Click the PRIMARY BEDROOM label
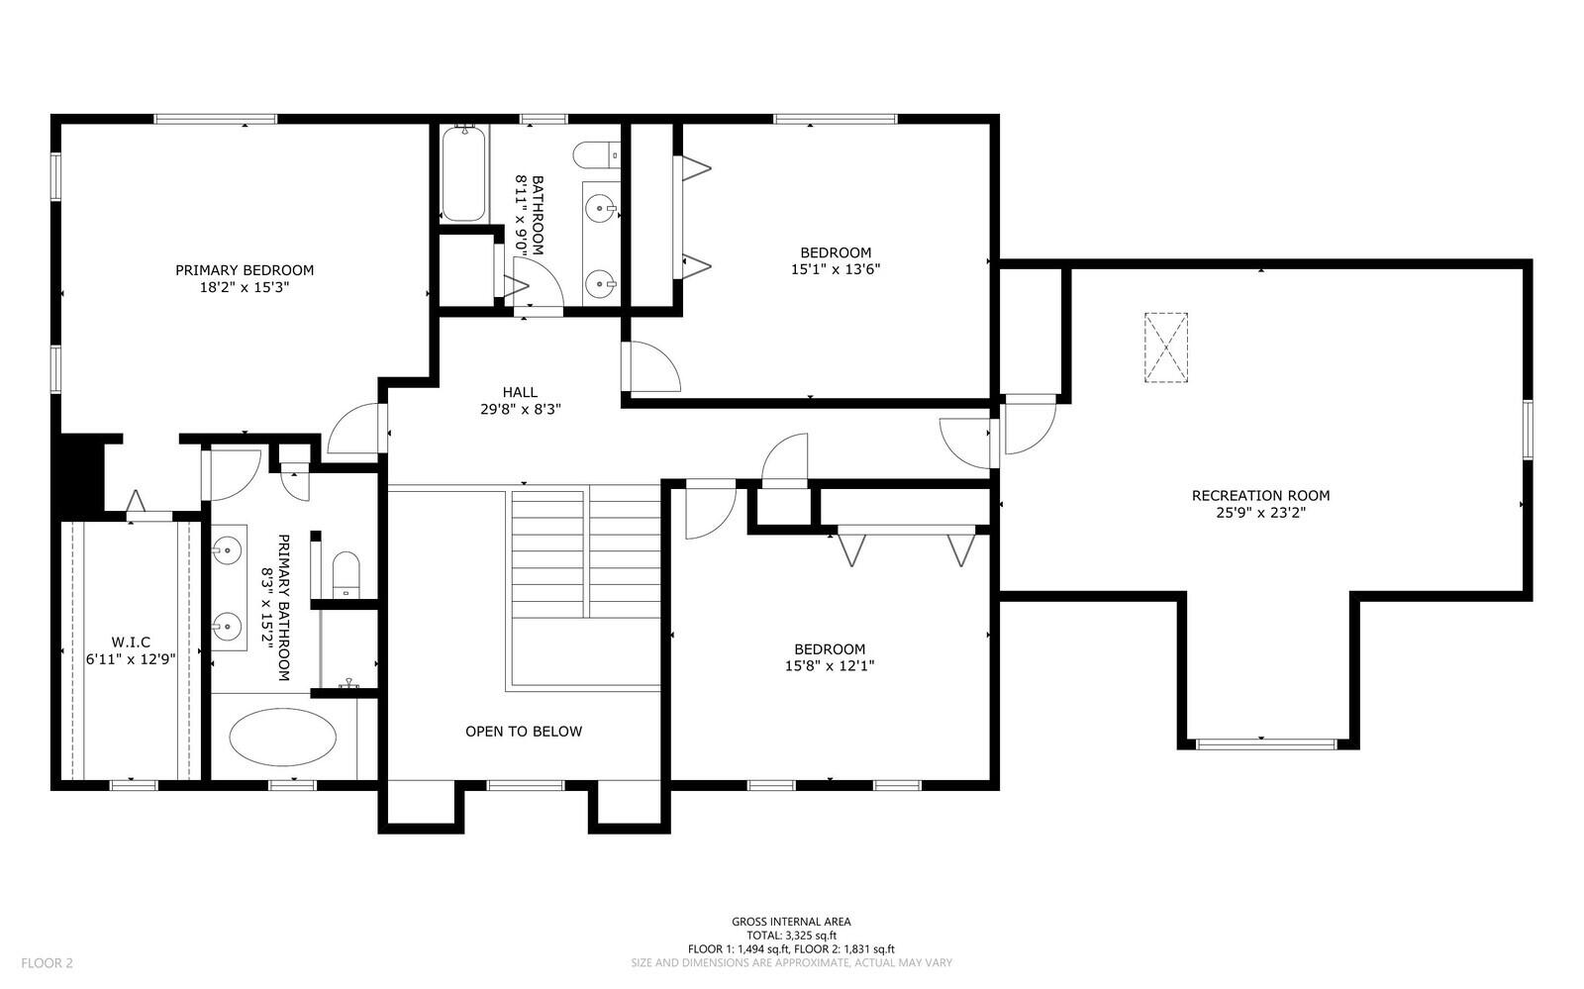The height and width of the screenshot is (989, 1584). point(245,270)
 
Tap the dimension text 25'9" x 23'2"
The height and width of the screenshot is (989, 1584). point(1260,513)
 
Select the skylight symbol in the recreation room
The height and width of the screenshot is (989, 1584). point(1165,347)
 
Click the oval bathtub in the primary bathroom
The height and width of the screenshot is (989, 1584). point(282,737)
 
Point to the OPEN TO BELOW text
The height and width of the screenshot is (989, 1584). point(524,732)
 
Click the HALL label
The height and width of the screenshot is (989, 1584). point(520,392)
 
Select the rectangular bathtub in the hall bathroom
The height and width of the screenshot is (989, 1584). point(462,175)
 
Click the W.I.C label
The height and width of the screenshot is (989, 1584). point(131,642)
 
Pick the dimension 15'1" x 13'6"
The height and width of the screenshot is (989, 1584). point(836,268)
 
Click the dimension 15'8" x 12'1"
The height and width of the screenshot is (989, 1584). point(830,666)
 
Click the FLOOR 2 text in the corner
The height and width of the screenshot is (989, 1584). point(48,962)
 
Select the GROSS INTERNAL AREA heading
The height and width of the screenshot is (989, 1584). point(791,922)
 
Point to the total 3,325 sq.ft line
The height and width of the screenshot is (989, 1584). point(791,935)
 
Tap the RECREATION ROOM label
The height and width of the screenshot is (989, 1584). point(1260,496)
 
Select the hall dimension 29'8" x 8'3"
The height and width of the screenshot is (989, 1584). point(520,408)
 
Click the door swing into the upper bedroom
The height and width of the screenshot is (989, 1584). point(653,367)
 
